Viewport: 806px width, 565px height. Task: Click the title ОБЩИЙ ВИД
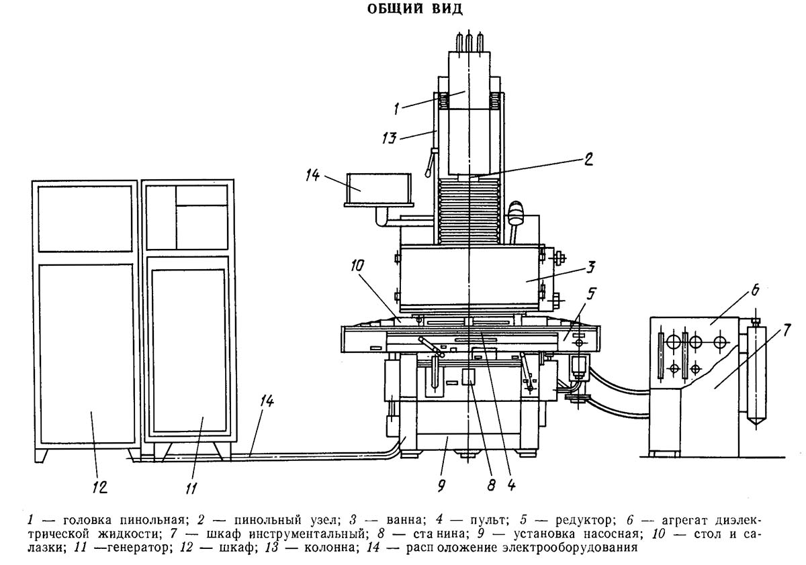tap(403, 10)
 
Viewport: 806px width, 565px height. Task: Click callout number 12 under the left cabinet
tap(99, 486)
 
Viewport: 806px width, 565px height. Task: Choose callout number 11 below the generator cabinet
tap(191, 488)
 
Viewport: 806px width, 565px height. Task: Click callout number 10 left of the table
tap(355, 265)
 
